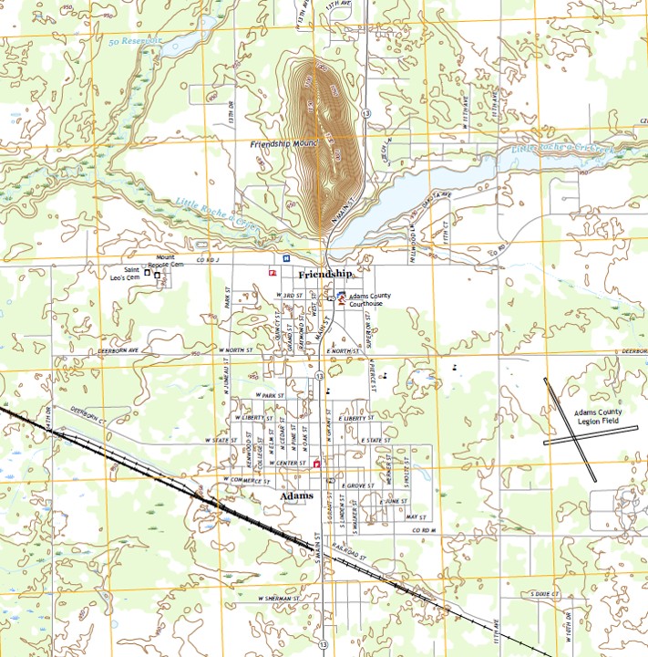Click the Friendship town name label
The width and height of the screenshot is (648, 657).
(324, 274)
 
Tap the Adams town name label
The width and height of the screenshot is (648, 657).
(298, 496)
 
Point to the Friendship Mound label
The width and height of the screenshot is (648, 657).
(282, 144)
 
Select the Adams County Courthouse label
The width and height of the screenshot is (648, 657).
(374, 299)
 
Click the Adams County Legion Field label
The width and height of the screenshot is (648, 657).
(597, 416)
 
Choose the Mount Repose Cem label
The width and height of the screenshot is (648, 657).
(170, 261)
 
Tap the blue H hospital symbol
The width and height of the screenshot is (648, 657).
(286, 258)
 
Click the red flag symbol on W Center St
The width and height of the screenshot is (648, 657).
(316, 464)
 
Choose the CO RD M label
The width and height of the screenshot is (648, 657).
(425, 530)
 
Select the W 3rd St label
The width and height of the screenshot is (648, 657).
(289, 297)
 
